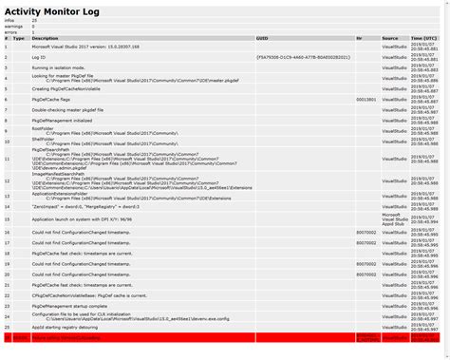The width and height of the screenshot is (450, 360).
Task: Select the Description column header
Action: [x=46, y=38]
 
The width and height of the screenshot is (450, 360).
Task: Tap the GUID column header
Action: [x=263, y=38]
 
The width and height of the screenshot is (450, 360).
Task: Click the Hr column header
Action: [x=360, y=38]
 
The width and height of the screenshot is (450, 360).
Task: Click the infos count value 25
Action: [x=35, y=19]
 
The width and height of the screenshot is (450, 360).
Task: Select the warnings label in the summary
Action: [x=14, y=26]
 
